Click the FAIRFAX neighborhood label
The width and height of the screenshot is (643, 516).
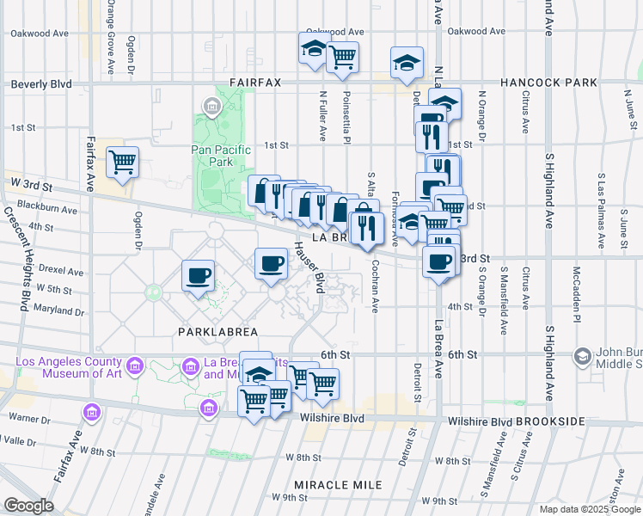(x=256, y=83)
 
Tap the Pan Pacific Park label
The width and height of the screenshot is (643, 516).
(x=221, y=156)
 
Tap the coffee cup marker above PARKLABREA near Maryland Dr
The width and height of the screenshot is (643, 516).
(x=199, y=275)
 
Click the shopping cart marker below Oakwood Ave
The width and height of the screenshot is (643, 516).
(x=342, y=57)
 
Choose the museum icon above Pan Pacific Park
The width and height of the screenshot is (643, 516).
(x=211, y=106)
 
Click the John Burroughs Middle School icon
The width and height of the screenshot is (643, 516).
(x=583, y=356)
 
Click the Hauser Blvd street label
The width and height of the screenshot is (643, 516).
(x=308, y=266)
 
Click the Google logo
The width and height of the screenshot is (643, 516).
(x=28, y=506)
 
